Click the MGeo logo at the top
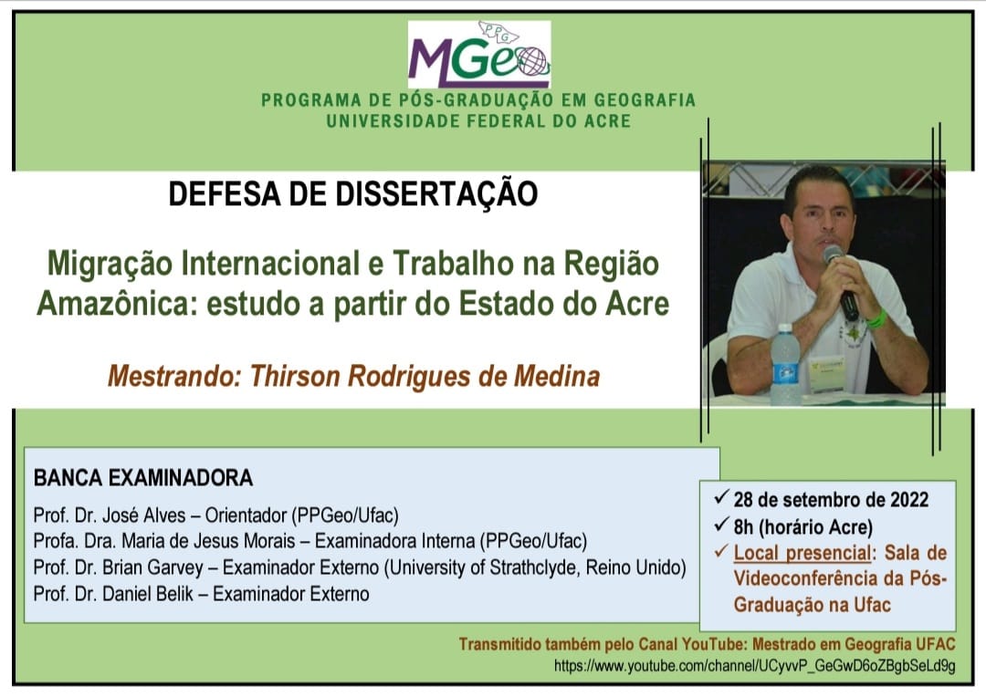pyautogui.click(x=479, y=55)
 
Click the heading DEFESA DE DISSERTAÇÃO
pyautogui.click(x=352, y=193)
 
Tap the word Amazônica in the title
pyautogui.click(x=113, y=304)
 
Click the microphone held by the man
pyautogui.click(x=841, y=282)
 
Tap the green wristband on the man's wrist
pyautogui.click(x=877, y=319)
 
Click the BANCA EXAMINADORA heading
pyautogui.click(x=143, y=478)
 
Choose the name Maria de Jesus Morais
pyautogui.click(x=208, y=541)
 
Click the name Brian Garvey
pyautogui.click(x=152, y=567)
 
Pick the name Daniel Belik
pyautogui.click(x=148, y=594)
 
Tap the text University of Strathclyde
pyautogui.click(x=484, y=567)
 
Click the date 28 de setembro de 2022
pyautogui.click(x=831, y=500)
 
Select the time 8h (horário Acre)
pyautogui.click(x=803, y=526)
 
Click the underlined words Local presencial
pyautogui.click(x=802, y=553)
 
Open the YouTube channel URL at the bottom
pyautogui.click(x=755, y=666)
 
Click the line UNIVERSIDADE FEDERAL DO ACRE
pyautogui.click(x=478, y=121)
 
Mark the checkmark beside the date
pyautogui.click(x=721, y=498)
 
